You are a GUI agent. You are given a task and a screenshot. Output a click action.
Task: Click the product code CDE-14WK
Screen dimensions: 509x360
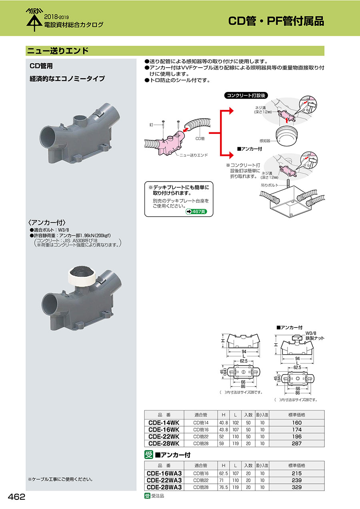pyautogui.click(x=164, y=423)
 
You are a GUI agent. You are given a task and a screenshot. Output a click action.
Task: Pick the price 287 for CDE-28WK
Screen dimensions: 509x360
pyautogui.click(x=296, y=443)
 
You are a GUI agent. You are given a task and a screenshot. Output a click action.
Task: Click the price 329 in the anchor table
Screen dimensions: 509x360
pyautogui.click(x=296, y=487)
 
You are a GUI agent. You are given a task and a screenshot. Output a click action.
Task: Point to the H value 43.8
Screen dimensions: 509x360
pyautogui.click(x=223, y=430)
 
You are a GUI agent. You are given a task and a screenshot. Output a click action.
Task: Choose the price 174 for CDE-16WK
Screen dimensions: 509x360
pyautogui.click(x=296, y=430)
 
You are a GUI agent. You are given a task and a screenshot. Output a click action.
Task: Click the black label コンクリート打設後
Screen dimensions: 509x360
pyautogui.click(x=245, y=96)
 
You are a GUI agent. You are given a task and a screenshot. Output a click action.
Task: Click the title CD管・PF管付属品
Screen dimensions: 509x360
pyautogui.click(x=276, y=21)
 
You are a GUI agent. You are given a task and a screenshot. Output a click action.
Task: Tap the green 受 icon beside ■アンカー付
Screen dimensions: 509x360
pyautogui.click(x=148, y=455)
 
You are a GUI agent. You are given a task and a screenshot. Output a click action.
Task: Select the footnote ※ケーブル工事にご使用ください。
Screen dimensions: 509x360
pyautogui.click(x=60, y=479)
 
